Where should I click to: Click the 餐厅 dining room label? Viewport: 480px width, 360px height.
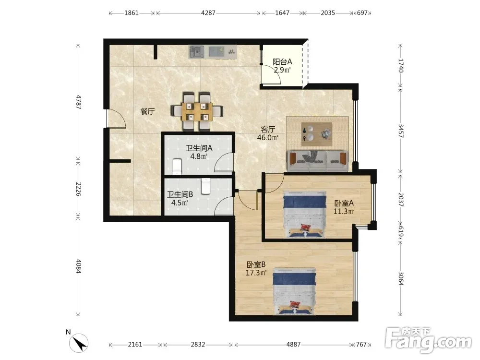tap(147, 111)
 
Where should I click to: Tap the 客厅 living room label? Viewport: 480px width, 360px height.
tap(267, 129)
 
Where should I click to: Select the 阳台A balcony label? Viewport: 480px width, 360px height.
tap(282, 61)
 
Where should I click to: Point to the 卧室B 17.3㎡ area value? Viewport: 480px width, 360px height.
tap(256, 273)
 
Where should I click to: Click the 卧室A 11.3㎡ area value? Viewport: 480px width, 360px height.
tap(344, 211)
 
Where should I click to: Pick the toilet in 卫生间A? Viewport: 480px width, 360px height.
tap(177, 166)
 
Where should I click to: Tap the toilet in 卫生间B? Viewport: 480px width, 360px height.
tap(206, 186)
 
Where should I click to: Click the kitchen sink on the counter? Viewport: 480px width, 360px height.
tap(196, 51)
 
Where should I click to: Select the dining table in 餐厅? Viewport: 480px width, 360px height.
tap(197, 111)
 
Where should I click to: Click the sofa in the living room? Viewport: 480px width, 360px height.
tap(317, 160)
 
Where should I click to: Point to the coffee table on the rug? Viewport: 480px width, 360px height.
tap(317, 134)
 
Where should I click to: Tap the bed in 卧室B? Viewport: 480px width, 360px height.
tap(294, 291)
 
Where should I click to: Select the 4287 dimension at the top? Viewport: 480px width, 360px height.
tap(208, 13)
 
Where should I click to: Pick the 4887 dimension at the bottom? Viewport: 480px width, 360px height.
tap(293, 344)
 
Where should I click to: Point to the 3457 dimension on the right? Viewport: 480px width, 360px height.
tap(401, 131)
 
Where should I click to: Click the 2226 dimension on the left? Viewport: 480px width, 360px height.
tap(78, 189)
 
